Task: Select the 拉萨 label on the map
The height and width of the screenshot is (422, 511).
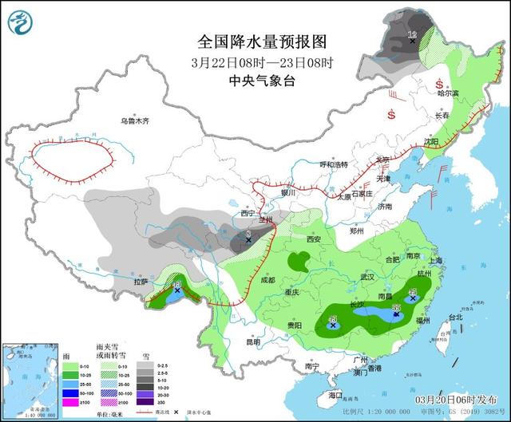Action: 141,282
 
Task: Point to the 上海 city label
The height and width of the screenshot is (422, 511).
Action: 434,260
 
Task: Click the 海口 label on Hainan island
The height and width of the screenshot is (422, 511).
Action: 335,395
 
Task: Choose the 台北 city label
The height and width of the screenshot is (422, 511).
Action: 455,317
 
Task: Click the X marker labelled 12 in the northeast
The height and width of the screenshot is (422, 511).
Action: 413,40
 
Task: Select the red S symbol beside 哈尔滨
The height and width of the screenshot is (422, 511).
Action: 439,84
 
